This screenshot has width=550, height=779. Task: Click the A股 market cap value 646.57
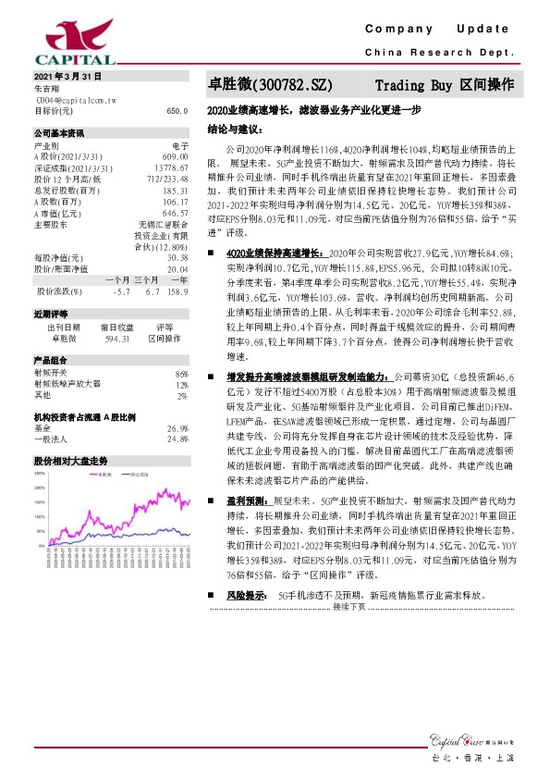174,212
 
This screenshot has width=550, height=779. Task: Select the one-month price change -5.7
119,291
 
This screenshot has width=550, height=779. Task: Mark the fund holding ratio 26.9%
177,428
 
